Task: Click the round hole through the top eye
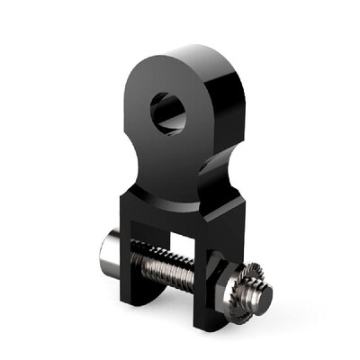(168, 112)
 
